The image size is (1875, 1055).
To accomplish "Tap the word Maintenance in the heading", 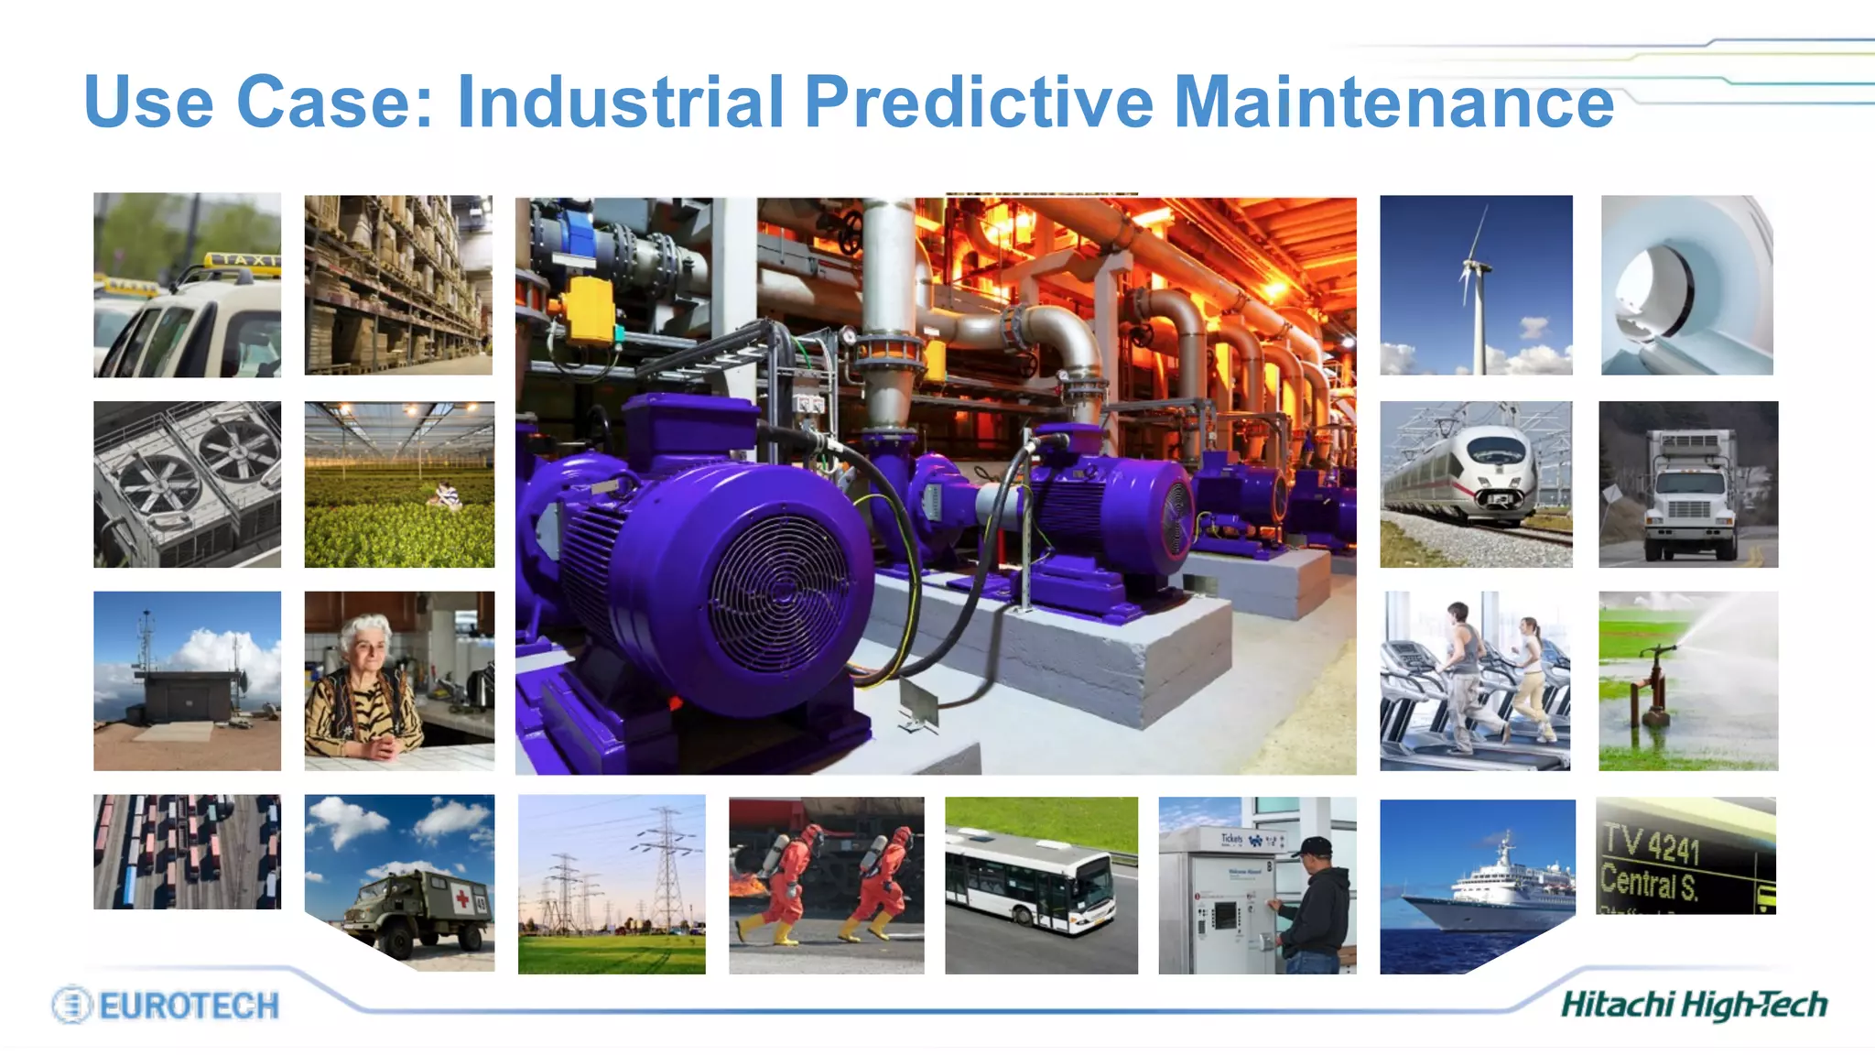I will coord(1393,102).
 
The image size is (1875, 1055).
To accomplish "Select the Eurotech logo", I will coord(166,1005).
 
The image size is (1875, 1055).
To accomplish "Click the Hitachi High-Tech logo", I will coord(1694,1005).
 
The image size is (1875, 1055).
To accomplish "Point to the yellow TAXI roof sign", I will coord(241,261).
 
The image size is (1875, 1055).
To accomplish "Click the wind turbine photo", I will coord(1476,285).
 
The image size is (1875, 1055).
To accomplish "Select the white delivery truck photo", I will coord(1688,484).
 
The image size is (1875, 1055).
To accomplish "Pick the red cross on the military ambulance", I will coord(462,899).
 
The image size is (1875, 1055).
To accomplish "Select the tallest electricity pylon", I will coord(667,870).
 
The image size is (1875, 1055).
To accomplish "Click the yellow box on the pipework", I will coord(589,309).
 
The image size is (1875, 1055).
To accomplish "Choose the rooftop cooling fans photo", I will coord(187,484).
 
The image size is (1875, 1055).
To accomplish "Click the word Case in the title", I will coord(334,102).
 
